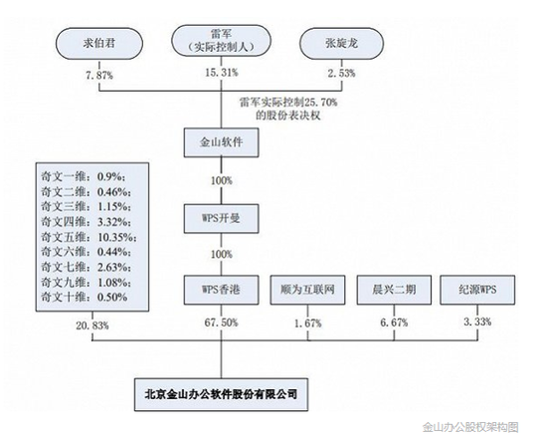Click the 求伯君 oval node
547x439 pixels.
point(99,44)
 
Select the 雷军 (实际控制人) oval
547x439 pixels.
point(221,40)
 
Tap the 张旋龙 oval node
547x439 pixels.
point(342,44)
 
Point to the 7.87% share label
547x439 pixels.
point(99,75)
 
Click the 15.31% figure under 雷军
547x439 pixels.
point(222,73)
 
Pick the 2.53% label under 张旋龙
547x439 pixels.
point(341,74)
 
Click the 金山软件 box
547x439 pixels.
point(221,142)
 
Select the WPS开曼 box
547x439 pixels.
point(221,219)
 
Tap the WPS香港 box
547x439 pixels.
point(221,290)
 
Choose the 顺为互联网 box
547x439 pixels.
point(307,290)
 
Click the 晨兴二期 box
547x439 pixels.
point(394,290)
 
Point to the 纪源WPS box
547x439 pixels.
point(477,290)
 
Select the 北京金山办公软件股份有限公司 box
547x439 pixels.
point(221,394)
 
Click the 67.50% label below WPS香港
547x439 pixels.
point(221,323)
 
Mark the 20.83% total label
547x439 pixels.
point(92,326)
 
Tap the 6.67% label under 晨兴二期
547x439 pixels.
point(394,323)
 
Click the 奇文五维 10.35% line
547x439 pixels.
point(89,237)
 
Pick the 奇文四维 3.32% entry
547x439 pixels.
point(86,222)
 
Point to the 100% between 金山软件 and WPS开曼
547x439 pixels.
point(222,181)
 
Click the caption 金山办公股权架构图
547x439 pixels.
point(470,427)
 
